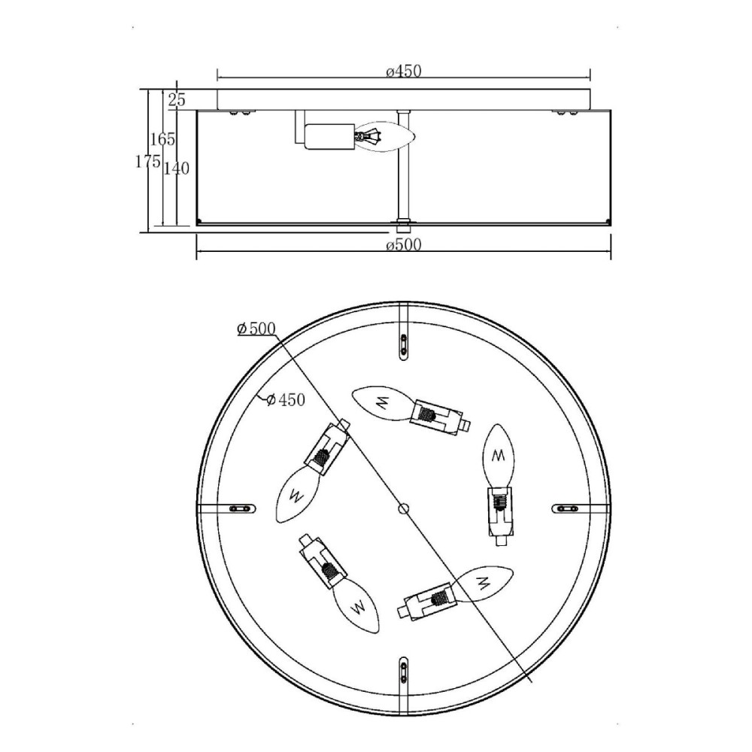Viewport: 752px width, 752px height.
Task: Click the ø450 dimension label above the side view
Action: click(403, 71)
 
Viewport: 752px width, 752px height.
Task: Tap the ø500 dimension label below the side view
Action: click(403, 244)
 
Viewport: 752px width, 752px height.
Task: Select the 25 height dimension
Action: click(177, 100)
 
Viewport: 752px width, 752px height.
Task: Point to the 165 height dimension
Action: click(162, 139)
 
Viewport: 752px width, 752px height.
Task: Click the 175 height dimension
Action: click(147, 162)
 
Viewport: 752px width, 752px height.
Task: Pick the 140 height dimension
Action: click(177, 168)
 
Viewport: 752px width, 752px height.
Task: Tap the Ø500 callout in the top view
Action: click(256, 329)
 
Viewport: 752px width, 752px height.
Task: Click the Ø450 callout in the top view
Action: click(286, 399)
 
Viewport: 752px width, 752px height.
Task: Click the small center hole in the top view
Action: click(404, 508)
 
